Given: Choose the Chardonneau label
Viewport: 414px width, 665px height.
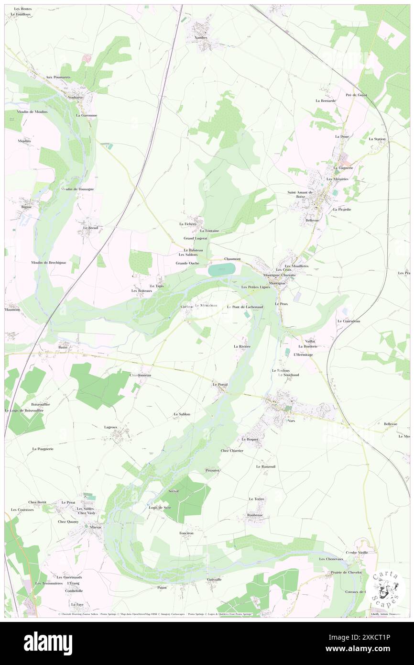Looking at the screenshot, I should pos(141,375).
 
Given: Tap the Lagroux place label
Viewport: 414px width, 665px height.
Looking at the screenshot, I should pos(110,427).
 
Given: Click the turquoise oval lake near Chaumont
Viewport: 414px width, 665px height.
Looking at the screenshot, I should pos(222,269).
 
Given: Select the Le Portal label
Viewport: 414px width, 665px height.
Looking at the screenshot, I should pos(220,384).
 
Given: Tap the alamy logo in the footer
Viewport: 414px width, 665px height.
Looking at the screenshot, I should pos(48,643).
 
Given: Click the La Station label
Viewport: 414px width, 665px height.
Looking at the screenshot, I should pos(377,139).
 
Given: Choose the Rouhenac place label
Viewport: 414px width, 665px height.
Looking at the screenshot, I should pos(255,515).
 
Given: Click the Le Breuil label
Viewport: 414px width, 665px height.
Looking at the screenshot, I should pos(90,228).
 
